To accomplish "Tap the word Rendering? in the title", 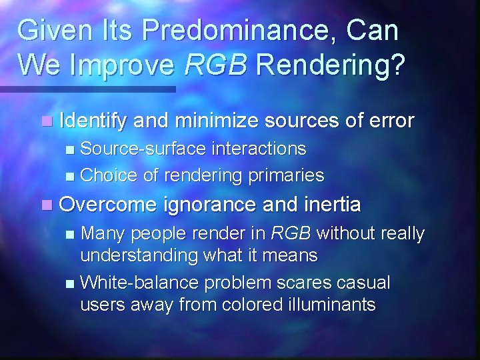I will [330, 65].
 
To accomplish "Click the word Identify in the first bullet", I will [93, 121].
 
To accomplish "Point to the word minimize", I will [214, 121].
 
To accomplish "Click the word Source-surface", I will [142, 148].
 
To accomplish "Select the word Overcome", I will [109, 204].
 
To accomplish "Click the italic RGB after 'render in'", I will [291, 233].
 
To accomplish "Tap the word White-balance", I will [139, 283].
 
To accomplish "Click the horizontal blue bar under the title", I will [87, 89].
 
